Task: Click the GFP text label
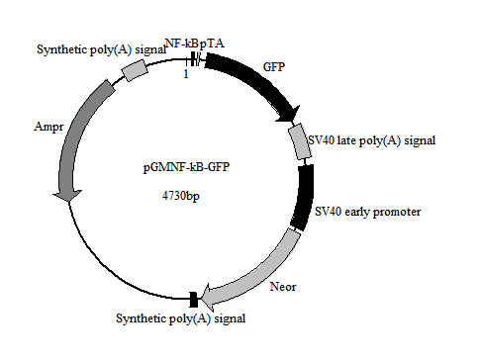tap(274, 66)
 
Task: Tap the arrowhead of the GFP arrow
tap(292, 111)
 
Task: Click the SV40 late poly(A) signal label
tap(373, 140)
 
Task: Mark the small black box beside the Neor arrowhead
tap(192, 298)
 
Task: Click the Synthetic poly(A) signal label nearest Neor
tap(180, 318)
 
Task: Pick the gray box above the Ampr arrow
tap(134, 68)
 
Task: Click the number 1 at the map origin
tap(185, 73)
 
